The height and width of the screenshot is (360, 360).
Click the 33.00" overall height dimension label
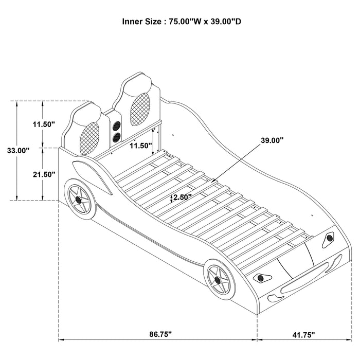tap(18, 151)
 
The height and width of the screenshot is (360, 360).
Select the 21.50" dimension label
tap(44, 174)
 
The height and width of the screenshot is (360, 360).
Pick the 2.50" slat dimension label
tap(183, 197)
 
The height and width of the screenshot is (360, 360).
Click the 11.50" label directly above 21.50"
tap(44, 124)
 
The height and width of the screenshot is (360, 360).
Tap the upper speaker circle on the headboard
tap(117, 125)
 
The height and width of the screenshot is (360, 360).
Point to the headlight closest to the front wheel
tap(261, 278)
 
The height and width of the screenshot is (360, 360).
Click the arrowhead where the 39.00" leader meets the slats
tap(213, 182)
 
